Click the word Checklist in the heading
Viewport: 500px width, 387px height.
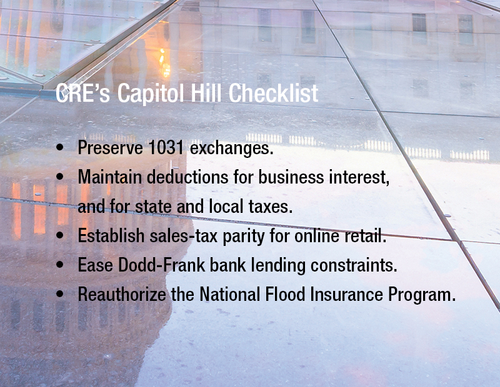pyautogui.click(x=273, y=93)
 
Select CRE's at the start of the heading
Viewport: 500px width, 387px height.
pyautogui.click(x=83, y=93)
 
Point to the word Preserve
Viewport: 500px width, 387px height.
pyautogui.click(x=111, y=147)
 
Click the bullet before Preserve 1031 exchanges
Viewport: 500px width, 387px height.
pyautogui.click(x=59, y=147)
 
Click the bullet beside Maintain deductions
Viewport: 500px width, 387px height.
pyautogui.click(x=59, y=177)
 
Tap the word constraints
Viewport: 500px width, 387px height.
pyautogui.click(x=354, y=265)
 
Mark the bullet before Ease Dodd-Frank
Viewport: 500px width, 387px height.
pyautogui.click(x=59, y=265)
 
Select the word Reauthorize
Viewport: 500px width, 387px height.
pyautogui.click(x=122, y=295)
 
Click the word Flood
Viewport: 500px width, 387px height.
pyautogui.click(x=286, y=294)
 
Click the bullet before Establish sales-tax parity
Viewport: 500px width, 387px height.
pyautogui.click(x=59, y=235)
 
